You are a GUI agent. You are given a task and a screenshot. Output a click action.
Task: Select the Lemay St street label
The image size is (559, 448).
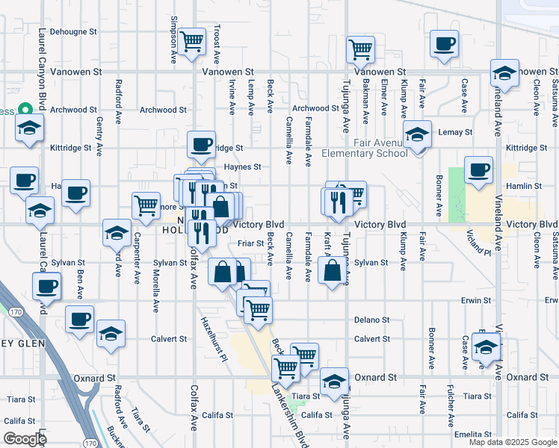(x=457, y=132)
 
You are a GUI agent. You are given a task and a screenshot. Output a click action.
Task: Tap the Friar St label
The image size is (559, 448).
(x=250, y=243)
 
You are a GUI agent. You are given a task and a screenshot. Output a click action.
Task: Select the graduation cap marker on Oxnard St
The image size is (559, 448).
(x=335, y=381)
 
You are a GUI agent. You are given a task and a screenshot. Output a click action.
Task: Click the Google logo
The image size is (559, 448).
(x=25, y=439)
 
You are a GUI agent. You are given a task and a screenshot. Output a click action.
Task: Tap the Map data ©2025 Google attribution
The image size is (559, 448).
(x=512, y=442)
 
